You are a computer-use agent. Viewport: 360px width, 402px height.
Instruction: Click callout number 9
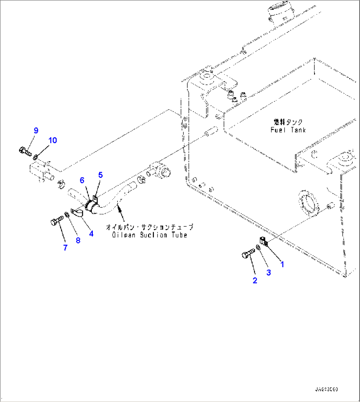[36, 130]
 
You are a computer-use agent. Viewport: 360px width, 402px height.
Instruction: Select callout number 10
[53, 140]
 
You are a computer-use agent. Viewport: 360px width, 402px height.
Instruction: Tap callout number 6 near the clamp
[82, 180]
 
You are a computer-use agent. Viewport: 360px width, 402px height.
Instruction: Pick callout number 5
[100, 175]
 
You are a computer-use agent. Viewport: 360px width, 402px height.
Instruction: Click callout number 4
[91, 234]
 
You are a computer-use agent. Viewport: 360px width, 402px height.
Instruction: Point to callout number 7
[65, 247]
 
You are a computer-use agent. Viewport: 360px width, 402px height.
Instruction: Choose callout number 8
[78, 240]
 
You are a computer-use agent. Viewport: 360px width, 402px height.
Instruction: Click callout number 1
[282, 264]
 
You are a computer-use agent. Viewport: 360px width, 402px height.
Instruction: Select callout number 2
[255, 280]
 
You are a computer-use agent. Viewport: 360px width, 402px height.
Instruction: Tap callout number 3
[269, 273]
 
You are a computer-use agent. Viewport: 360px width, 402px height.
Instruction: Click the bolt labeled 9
[24, 152]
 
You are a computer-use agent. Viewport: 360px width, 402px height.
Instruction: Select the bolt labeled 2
[247, 254]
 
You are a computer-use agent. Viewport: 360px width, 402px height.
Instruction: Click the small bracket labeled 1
[264, 241]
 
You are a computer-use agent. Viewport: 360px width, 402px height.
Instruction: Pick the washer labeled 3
[258, 247]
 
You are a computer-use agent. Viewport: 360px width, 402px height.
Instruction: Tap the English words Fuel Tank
[288, 130]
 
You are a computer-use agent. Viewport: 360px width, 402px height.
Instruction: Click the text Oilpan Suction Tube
[150, 235]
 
